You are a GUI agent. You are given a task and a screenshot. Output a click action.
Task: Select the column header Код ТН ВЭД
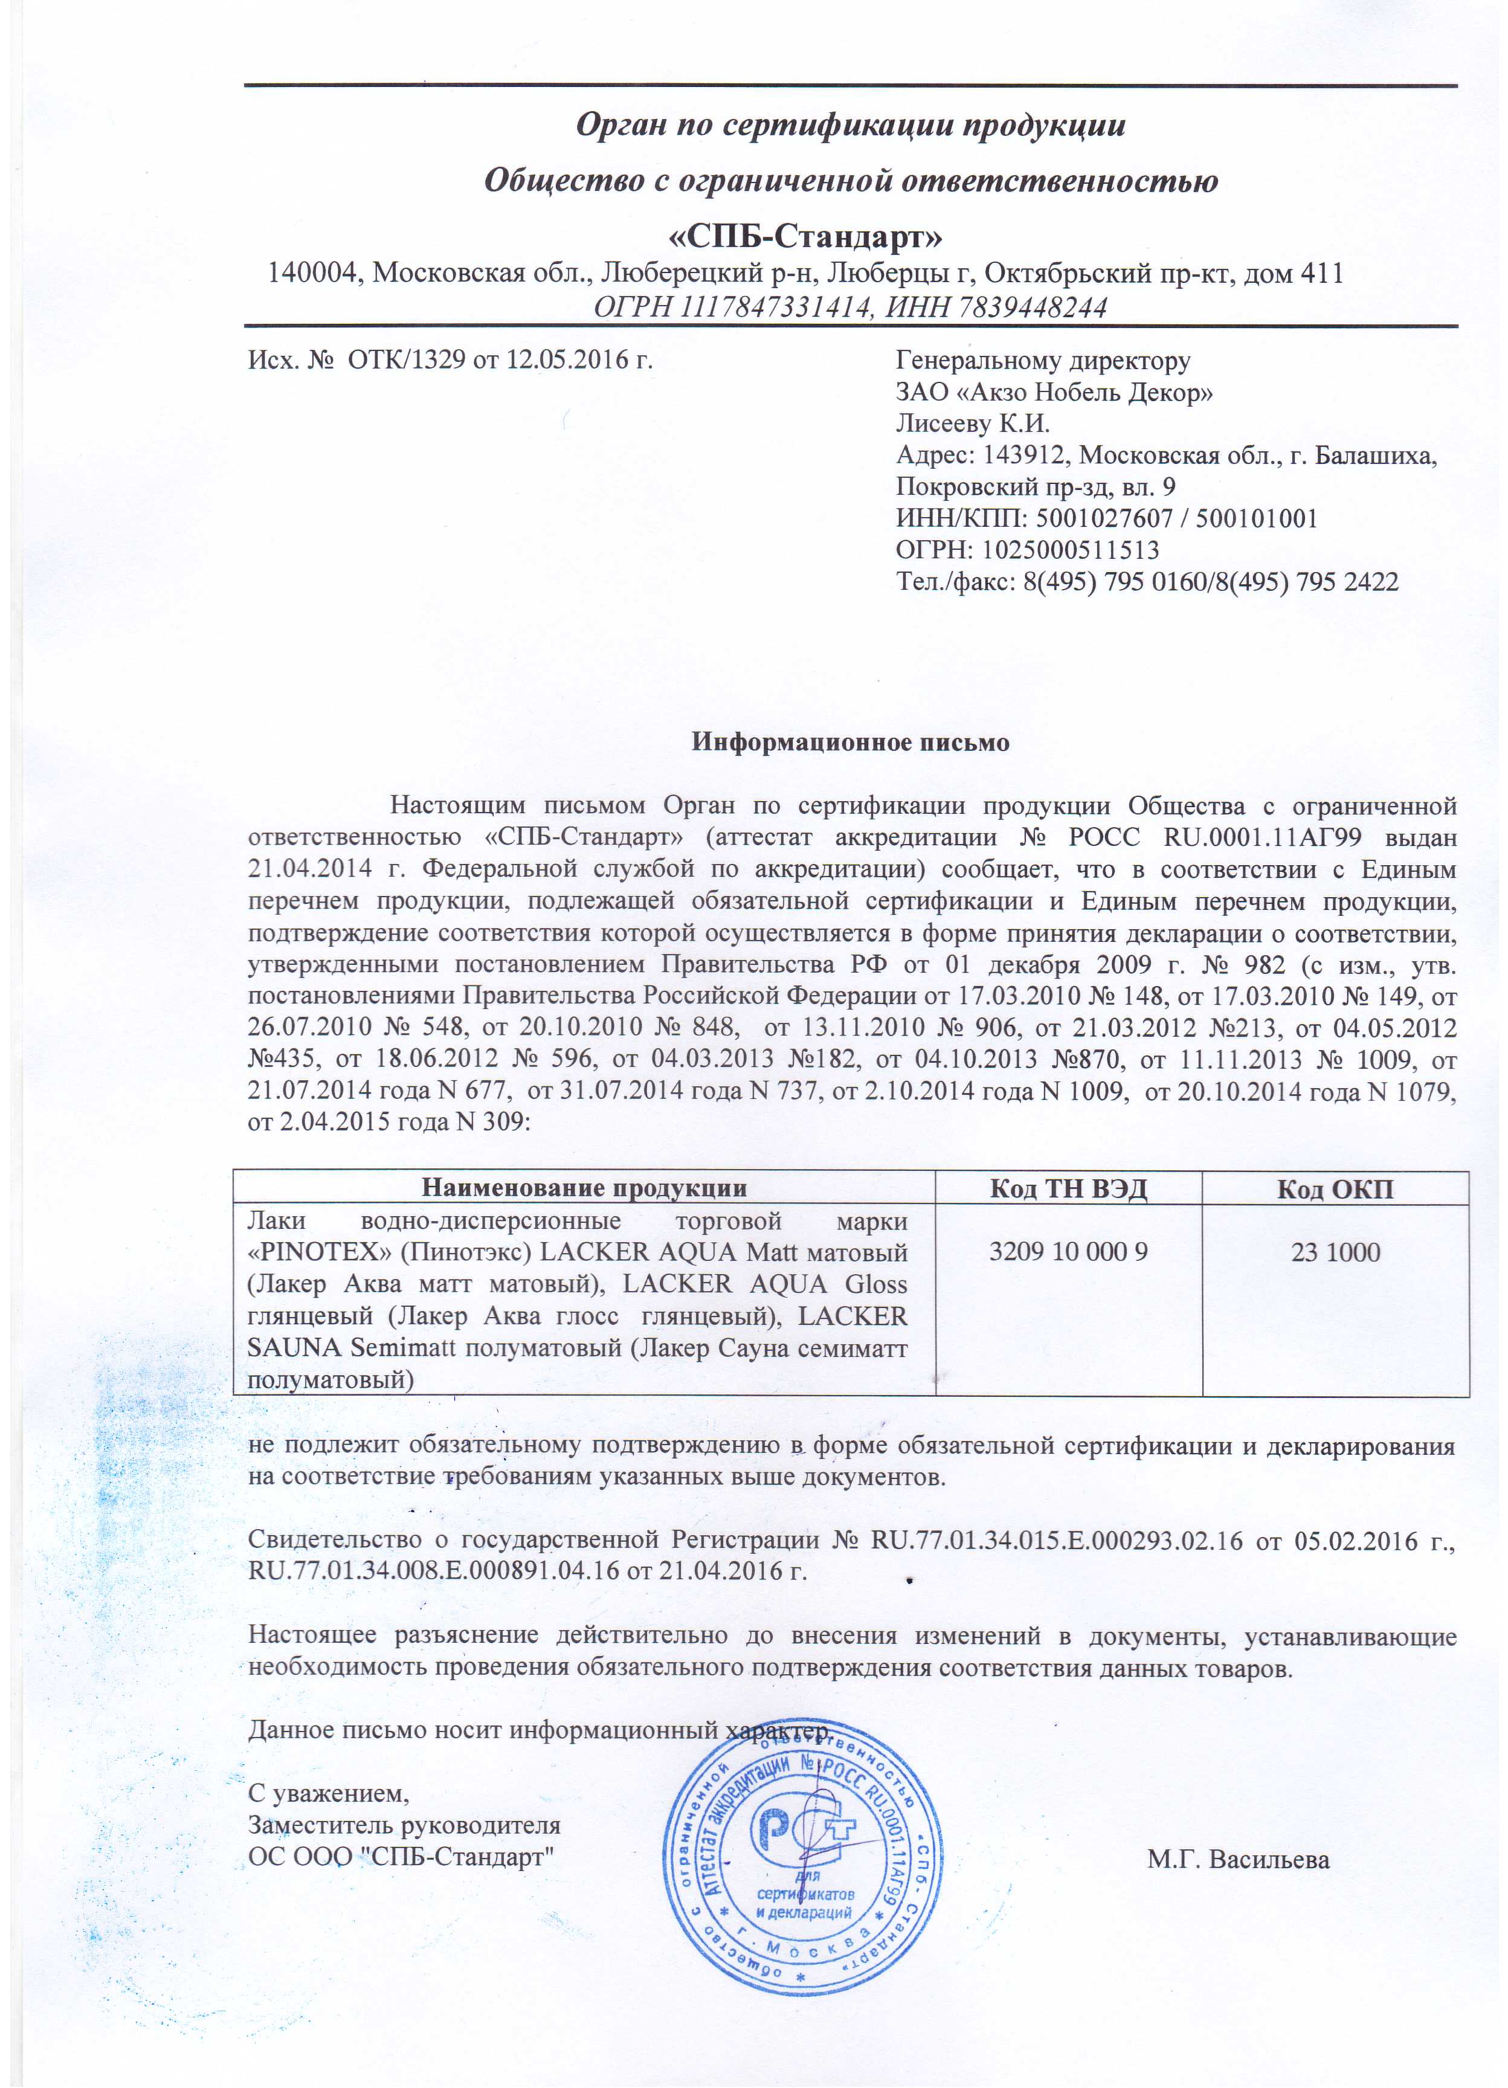tap(1068, 1188)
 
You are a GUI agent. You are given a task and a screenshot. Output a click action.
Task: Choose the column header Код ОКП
tap(1335, 1188)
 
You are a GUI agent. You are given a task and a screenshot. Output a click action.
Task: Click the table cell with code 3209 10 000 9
tap(1068, 1251)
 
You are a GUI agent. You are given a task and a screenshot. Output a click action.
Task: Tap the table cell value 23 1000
tap(1335, 1252)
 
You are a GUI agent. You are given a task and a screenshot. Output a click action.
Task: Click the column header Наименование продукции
tap(584, 1188)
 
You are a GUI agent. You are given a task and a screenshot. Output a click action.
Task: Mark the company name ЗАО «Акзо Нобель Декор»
tap(1054, 392)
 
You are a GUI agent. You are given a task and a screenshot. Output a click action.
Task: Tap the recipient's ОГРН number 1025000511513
tap(1070, 550)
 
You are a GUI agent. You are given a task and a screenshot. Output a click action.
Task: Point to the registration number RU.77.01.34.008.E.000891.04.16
tap(434, 1570)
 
